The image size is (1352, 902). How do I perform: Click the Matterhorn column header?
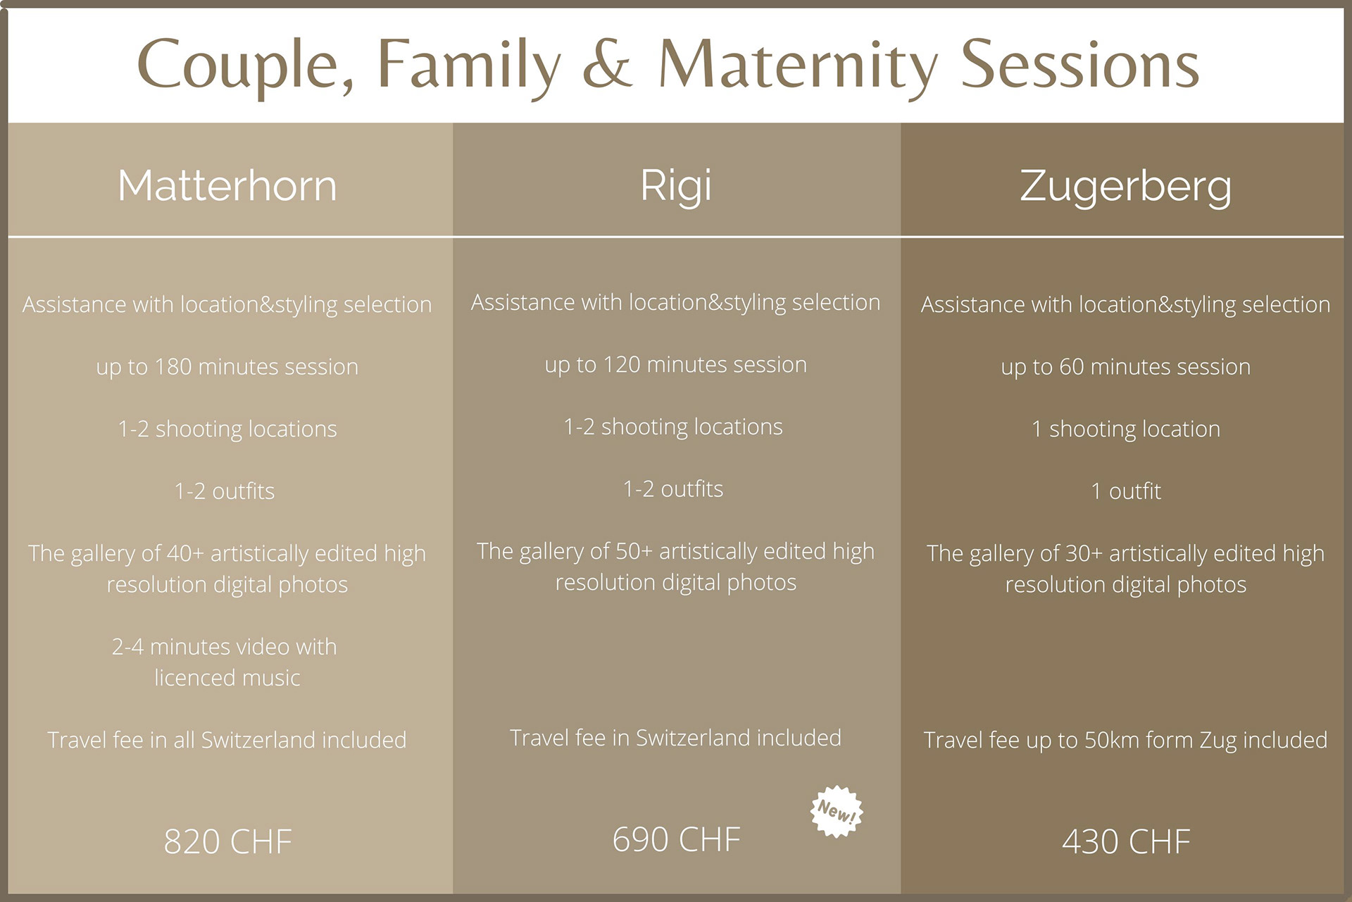227,186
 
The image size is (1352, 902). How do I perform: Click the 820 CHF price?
227,841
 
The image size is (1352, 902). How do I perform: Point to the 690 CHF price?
676,839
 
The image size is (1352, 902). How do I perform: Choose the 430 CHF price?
1126,841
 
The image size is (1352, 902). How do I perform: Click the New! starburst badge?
837,812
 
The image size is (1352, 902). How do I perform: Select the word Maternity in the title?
798,66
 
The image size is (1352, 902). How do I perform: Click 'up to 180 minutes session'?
227,367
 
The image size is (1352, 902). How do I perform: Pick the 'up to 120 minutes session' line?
676,365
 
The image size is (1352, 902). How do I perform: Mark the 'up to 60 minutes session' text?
1126,367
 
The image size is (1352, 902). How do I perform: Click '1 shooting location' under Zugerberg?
1126,429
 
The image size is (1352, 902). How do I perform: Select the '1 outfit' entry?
1126,491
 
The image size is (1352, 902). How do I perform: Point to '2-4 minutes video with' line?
225,647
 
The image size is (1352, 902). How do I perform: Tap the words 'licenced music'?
227,678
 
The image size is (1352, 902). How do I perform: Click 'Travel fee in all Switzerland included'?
227,740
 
